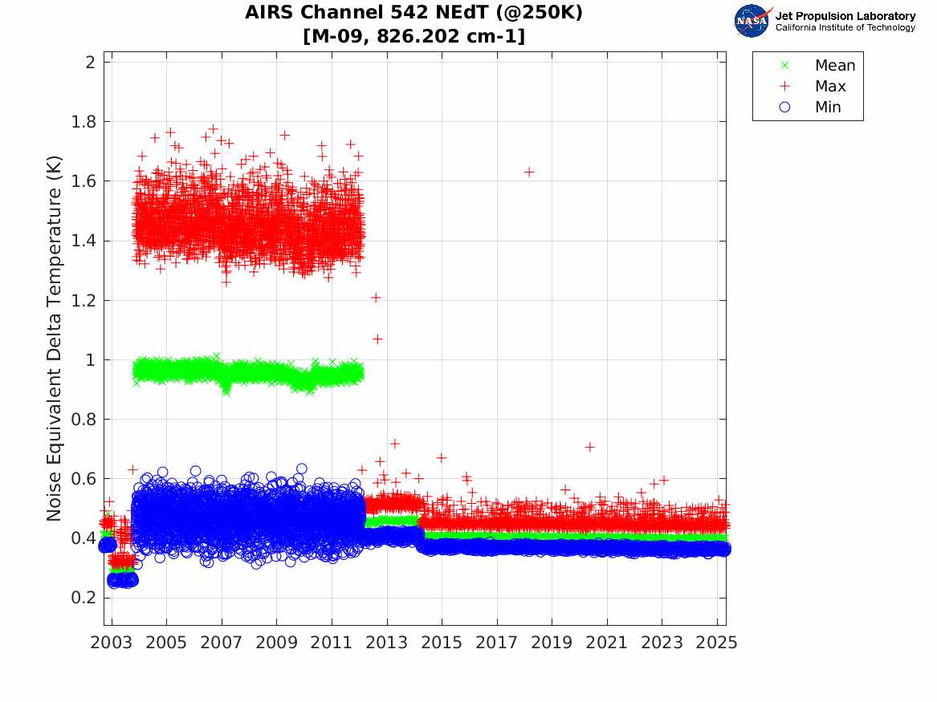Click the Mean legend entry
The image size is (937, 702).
tap(834, 66)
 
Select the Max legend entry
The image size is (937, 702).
tap(829, 87)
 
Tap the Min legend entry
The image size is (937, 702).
tap(828, 107)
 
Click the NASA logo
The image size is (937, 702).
tap(752, 20)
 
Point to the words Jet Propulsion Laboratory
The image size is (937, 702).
tap(845, 16)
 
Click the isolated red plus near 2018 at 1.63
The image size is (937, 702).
tap(529, 172)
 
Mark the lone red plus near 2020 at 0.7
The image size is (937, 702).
tap(589, 447)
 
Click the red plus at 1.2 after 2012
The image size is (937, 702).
tap(375, 298)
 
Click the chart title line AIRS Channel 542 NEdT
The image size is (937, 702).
tap(414, 13)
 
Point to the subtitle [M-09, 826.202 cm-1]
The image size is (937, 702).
tap(414, 37)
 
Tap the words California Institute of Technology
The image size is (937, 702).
tap(845, 28)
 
